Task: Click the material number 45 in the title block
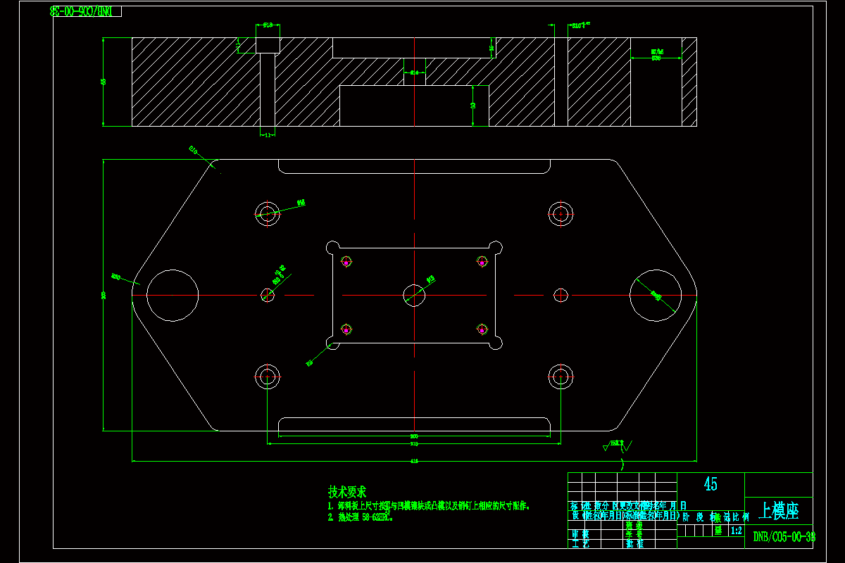pyautogui.click(x=711, y=484)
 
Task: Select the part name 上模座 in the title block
pyautogui.click(x=778, y=510)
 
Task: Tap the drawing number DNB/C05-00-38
pyautogui.click(x=784, y=537)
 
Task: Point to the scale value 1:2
pyautogui.click(x=737, y=531)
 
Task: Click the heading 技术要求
pyautogui.click(x=346, y=492)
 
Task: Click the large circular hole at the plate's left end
pyautogui.click(x=173, y=296)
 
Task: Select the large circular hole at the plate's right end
pyautogui.click(x=656, y=296)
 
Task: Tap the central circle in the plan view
pyautogui.click(x=414, y=296)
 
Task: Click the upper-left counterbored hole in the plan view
pyautogui.click(x=268, y=213)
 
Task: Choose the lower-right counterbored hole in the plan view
pyautogui.click(x=561, y=377)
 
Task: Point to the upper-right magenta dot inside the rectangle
pyautogui.click(x=482, y=262)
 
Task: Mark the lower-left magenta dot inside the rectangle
pyautogui.click(x=346, y=329)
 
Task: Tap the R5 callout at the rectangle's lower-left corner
pyautogui.click(x=309, y=363)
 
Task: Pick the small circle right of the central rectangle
pyautogui.click(x=561, y=295)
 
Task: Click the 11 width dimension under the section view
pyautogui.click(x=268, y=134)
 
